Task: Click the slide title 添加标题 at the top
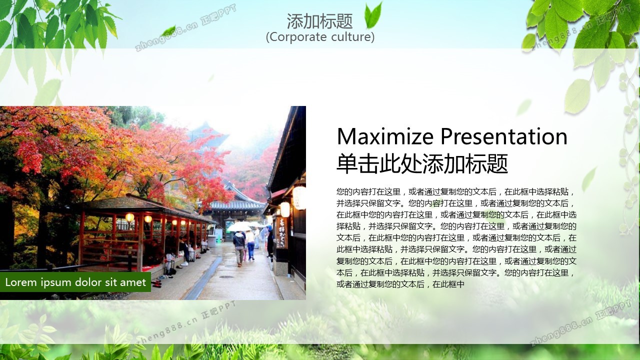coord(319,21)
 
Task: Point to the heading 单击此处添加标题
coord(422,163)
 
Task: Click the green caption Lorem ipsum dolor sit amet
coord(75,282)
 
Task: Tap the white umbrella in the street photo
coord(238,227)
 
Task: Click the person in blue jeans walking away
coord(250,245)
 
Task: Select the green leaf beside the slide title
coord(373,15)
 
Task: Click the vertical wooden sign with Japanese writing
coord(281,232)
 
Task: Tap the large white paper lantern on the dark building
coord(299,197)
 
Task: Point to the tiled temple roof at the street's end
coord(236,204)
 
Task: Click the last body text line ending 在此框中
coord(400,284)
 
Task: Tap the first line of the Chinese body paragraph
coord(455,191)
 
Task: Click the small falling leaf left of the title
coord(168,30)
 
